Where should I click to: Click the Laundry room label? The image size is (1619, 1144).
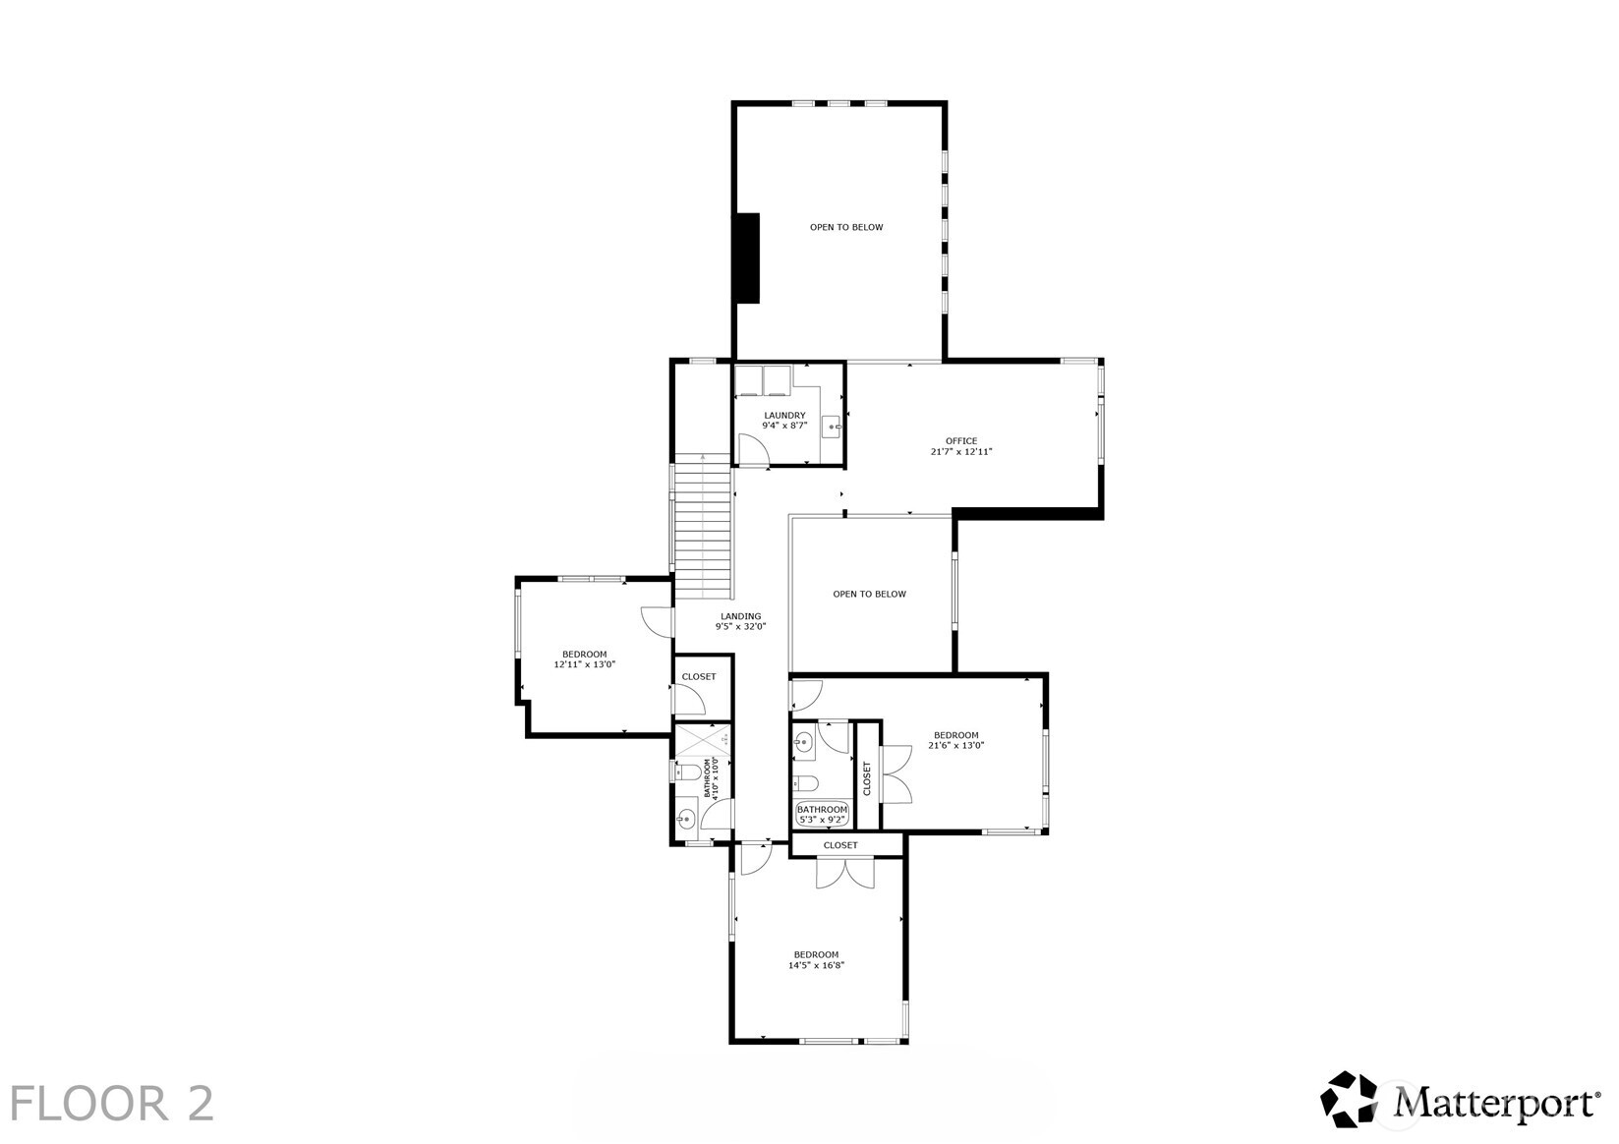point(784,421)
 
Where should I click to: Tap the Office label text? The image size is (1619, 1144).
point(961,446)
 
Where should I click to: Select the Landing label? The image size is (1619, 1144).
point(740,621)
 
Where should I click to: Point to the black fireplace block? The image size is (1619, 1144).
point(748,257)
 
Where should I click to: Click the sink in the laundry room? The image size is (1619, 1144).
point(832,427)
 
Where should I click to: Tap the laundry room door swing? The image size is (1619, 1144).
point(753,450)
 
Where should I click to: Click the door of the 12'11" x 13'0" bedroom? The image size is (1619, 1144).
point(657,620)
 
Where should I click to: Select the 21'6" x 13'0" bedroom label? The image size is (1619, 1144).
point(955,740)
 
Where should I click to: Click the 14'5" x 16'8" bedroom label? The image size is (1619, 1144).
point(816,960)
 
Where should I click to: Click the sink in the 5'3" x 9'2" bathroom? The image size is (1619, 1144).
point(804,742)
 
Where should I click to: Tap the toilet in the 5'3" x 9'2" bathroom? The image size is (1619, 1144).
point(805,783)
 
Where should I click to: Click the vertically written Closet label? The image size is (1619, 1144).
point(867,778)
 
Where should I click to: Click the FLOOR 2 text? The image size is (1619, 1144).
point(112,1103)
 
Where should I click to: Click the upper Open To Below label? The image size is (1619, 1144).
point(845,227)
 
